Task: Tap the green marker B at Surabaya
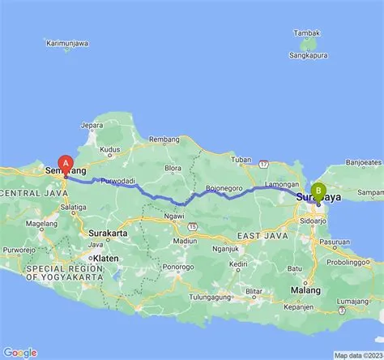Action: [x=318, y=191]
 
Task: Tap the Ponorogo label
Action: [x=177, y=266]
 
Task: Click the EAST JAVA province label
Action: [x=260, y=235]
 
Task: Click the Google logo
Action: [x=19, y=352]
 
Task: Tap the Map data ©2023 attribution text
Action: [x=357, y=355]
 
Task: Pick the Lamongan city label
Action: [x=280, y=185]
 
